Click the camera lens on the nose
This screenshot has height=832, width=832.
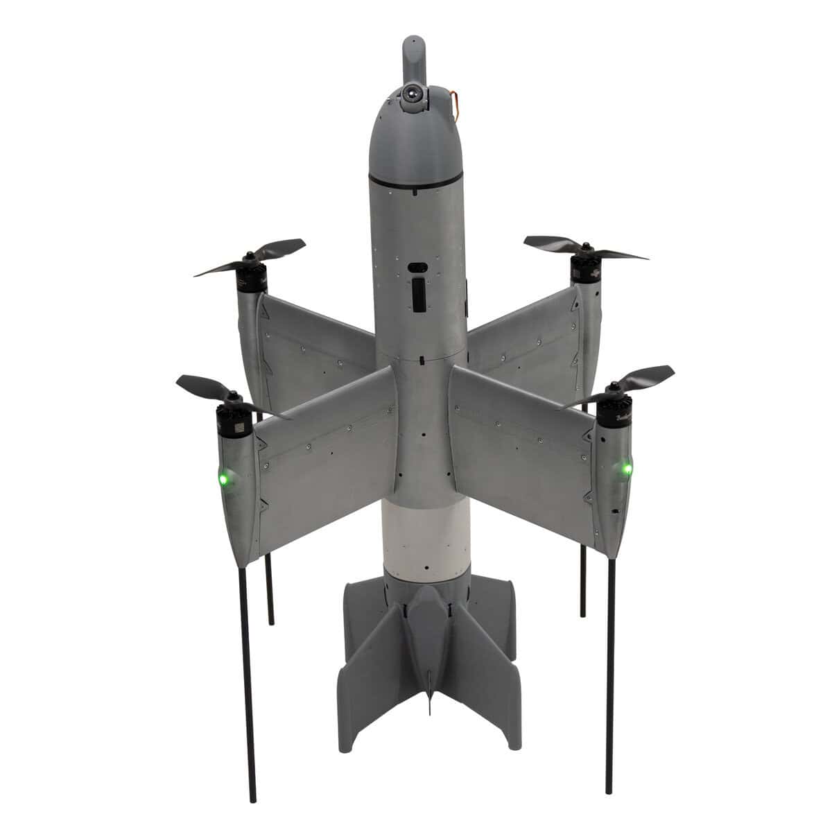pyautogui.click(x=413, y=91)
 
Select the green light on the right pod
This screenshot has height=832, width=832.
pyautogui.click(x=627, y=470)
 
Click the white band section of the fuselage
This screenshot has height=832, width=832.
pyautogui.click(x=416, y=534)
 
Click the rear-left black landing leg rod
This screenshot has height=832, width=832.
pyautogui.click(x=269, y=589)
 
